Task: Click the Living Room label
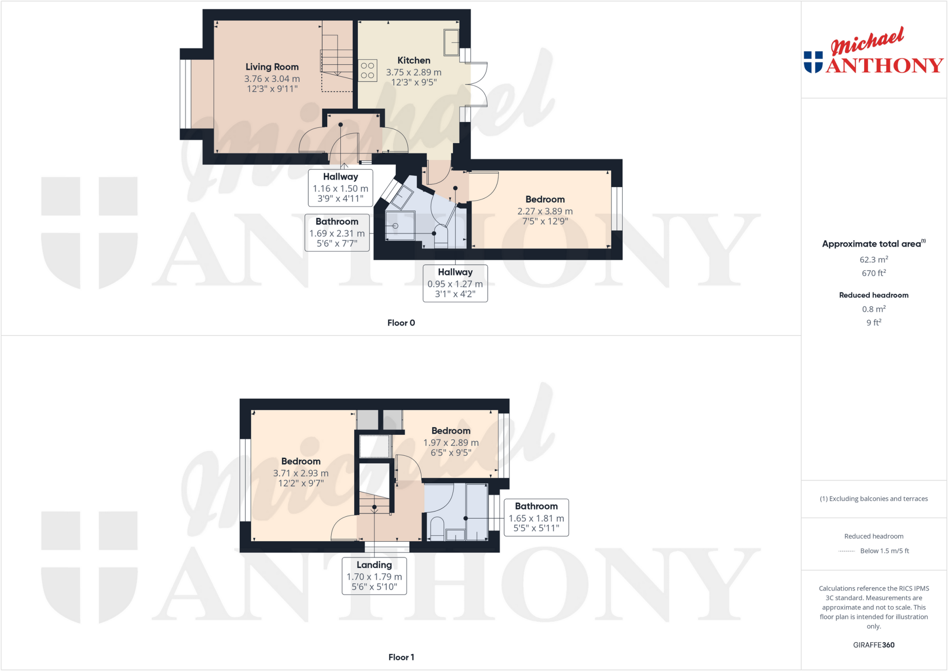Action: coord(272,67)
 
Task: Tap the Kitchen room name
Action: coord(414,61)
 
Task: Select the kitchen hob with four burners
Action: coord(368,71)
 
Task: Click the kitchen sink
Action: coord(451,42)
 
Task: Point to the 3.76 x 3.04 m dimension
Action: coord(272,79)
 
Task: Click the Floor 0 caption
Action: coord(401,323)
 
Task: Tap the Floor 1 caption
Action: coord(401,657)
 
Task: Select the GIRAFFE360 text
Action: coord(873,645)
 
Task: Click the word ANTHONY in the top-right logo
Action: coord(884,65)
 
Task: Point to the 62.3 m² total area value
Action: coord(873,260)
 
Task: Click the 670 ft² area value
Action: coord(873,273)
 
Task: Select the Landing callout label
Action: coord(374,565)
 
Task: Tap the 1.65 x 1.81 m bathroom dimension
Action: coord(536,519)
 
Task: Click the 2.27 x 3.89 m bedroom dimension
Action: coord(545,212)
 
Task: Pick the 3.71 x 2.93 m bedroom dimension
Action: coord(300,473)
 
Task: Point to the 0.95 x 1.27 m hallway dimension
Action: coord(455,284)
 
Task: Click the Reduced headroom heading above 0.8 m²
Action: coord(873,295)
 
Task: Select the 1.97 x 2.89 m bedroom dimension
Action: coord(451,443)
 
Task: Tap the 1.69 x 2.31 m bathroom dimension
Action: coord(337,234)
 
